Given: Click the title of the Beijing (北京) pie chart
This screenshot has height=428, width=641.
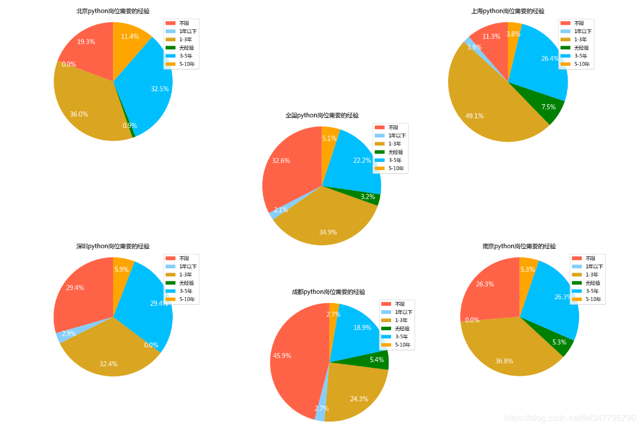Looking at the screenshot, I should (x=113, y=11).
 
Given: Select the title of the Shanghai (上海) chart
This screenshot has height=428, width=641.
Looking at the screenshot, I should (x=508, y=11).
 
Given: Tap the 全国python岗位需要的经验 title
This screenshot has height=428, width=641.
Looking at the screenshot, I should (x=322, y=115).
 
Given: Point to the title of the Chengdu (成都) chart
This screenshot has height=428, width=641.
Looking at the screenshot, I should (x=328, y=292).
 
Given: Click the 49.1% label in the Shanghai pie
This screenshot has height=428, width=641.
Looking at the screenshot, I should (x=474, y=116).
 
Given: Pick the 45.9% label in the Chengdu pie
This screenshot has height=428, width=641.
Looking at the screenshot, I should (x=282, y=356).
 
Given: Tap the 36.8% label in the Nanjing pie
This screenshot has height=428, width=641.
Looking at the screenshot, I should (x=504, y=361).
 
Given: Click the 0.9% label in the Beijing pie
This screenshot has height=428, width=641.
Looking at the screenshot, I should (x=130, y=125).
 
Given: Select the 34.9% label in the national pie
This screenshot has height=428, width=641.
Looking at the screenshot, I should (x=328, y=232).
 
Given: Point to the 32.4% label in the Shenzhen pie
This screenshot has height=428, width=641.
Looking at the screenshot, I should (x=108, y=364).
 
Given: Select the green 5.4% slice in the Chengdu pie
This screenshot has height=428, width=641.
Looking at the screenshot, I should (x=379, y=361).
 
